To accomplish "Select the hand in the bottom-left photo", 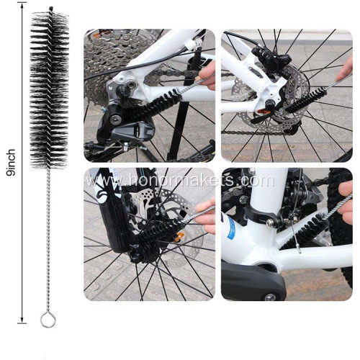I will pos(206,216).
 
